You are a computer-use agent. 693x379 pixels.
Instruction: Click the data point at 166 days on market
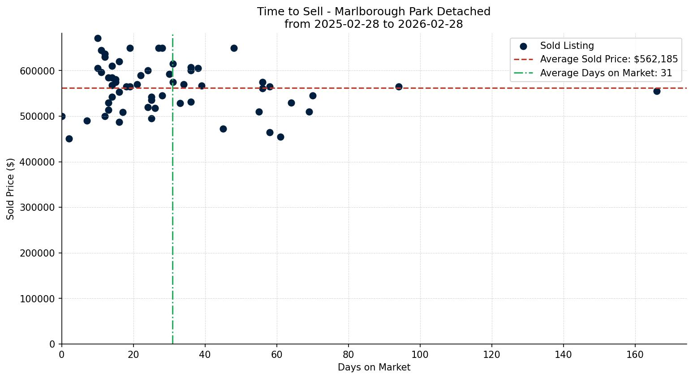(x=657, y=91)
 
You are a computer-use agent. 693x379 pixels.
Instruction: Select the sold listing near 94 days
(x=399, y=87)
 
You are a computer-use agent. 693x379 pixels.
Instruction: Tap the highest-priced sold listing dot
(x=98, y=38)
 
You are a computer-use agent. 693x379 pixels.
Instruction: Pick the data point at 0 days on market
(x=62, y=116)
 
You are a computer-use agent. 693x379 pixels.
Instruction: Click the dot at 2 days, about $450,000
(x=69, y=139)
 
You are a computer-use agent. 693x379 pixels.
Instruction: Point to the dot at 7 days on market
(x=87, y=121)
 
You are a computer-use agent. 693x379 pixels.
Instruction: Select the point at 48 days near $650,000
(x=234, y=48)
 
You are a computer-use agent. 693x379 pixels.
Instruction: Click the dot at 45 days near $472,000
(x=223, y=129)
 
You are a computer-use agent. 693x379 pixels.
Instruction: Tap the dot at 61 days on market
(x=280, y=137)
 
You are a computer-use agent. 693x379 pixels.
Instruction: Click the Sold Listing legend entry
(x=567, y=46)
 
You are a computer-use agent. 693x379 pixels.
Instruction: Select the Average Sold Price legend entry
(x=608, y=59)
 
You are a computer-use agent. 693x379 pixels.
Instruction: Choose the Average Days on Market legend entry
(x=606, y=73)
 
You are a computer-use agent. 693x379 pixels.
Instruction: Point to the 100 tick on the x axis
(x=420, y=355)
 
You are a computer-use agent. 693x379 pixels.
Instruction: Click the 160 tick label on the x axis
(x=635, y=355)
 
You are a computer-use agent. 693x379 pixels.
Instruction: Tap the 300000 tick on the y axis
(x=38, y=208)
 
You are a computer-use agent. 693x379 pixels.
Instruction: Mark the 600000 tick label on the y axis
(x=38, y=71)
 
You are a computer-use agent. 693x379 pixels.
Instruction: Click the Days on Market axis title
(x=374, y=367)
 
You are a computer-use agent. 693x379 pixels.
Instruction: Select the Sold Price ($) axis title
(x=11, y=189)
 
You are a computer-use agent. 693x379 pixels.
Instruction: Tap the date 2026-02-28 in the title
(x=435, y=24)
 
